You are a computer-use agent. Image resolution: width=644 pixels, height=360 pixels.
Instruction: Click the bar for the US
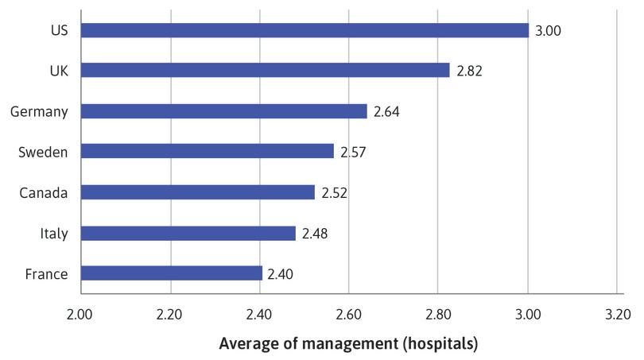[305, 30]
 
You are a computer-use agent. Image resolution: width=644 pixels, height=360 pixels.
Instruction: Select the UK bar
[265, 71]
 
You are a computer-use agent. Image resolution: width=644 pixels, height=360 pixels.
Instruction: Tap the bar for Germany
[224, 111]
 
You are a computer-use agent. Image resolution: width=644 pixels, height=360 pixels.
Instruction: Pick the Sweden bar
[208, 151]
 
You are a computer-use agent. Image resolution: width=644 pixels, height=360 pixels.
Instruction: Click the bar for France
[171, 273]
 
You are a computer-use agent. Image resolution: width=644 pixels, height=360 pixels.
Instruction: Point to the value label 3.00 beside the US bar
[548, 31]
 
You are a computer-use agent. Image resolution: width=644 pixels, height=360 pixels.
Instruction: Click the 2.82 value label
[469, 71]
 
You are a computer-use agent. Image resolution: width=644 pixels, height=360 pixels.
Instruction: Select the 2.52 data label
[334, 192]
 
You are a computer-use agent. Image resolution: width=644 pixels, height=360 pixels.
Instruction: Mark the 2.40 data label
[280, 274]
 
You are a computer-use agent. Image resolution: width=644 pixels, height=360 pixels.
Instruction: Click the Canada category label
[45, 192]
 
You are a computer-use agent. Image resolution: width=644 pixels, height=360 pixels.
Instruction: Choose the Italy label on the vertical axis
[53, 234]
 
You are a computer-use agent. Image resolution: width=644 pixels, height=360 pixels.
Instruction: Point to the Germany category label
[39, 111]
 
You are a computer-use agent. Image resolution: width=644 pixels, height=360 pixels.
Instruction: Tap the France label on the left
[47, 274]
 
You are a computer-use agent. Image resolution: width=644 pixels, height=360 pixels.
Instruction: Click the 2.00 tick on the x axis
[80, 315]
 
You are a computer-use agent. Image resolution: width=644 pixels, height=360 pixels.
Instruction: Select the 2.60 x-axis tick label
[348, 315]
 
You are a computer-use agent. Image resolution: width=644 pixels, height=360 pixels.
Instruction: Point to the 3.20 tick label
[616, 315]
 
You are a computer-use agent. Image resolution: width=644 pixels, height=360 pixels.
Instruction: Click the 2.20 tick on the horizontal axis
[169, 315]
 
